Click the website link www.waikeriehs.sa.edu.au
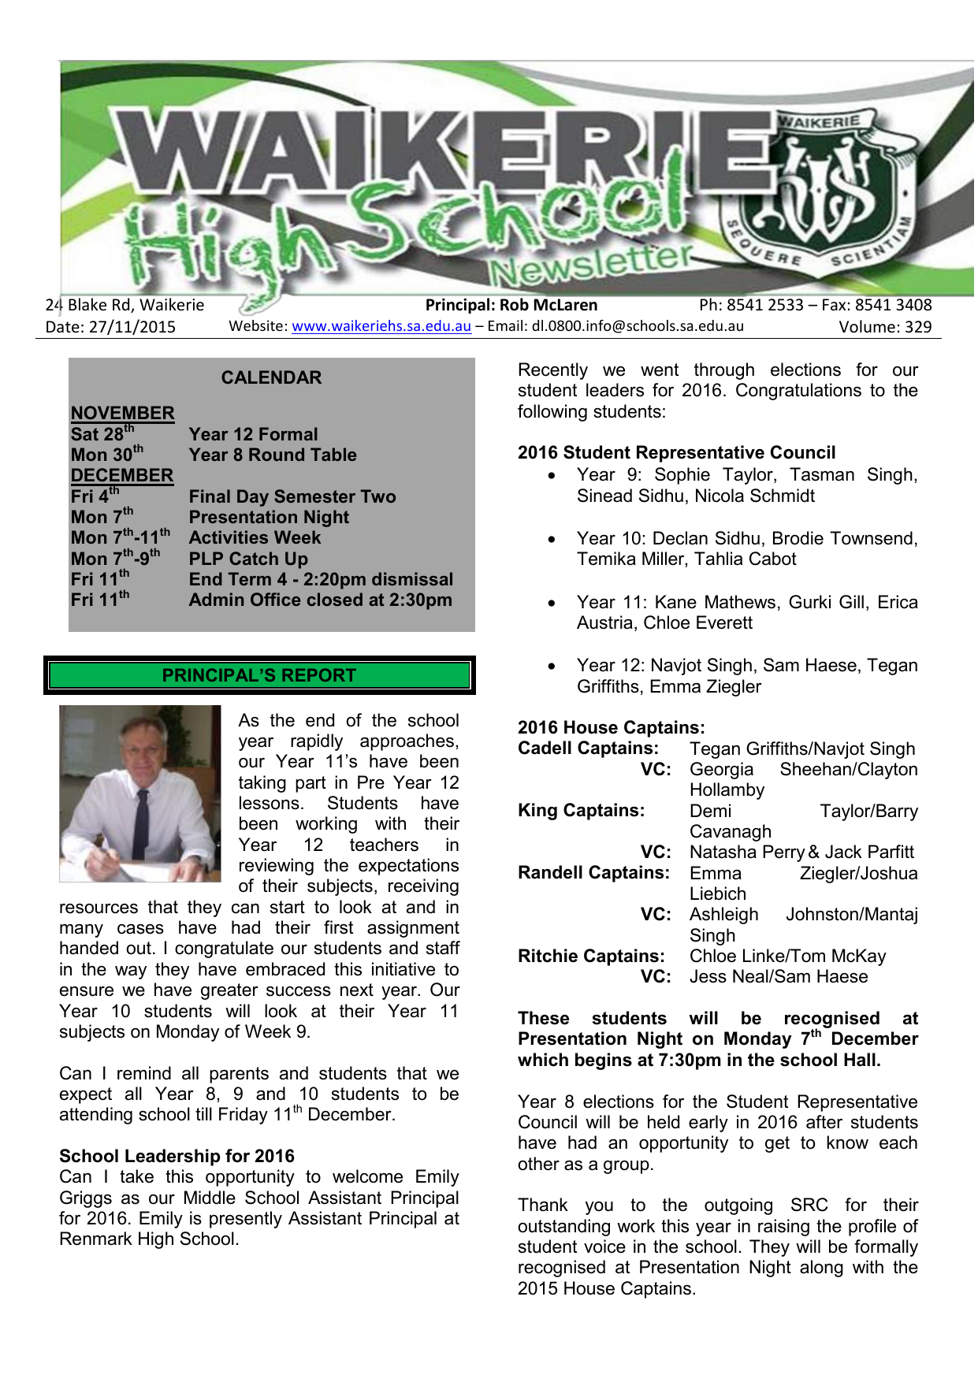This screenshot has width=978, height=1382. tap(381, 326)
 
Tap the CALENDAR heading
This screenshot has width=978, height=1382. tap(271, 378)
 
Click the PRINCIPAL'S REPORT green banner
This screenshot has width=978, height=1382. tap(259, 675)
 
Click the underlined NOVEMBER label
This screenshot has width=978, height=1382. tap(122, 413)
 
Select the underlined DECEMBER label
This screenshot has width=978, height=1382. tap(121, 476)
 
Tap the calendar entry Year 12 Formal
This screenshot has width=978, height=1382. tap(253, 434)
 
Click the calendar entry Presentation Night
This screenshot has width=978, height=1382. tap(269, 518)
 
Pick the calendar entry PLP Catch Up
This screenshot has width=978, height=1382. tap(248, 559)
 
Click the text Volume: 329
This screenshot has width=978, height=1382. tap(884, 327)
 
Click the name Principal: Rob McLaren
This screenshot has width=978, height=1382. tap(511, 305)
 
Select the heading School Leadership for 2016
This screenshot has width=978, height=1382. tap(177, 1156)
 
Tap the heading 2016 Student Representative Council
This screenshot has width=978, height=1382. tap(676, 452)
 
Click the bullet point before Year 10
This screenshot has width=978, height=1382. tap(552, 540)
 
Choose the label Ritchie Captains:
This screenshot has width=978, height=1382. tap(591, 956)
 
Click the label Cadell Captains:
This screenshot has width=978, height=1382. tap(588, 749)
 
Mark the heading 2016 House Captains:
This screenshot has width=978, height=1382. tap(611, 727)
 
